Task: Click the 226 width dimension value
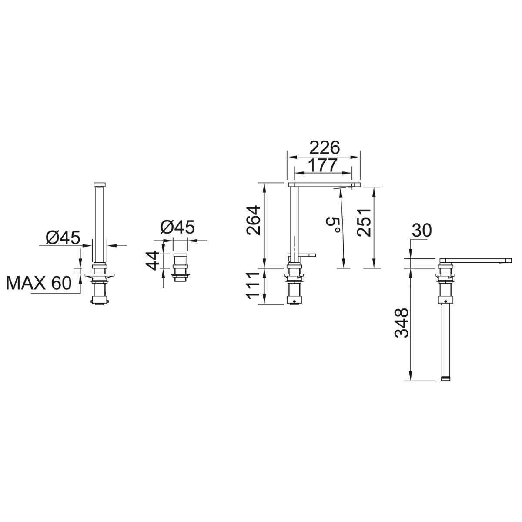324,148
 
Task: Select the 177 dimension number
323,165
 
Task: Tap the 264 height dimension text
253,220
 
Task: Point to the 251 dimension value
364,223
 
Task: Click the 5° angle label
333,224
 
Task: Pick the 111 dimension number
253,286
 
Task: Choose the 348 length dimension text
401,323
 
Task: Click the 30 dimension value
422,231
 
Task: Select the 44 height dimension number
153,261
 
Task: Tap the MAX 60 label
39,283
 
